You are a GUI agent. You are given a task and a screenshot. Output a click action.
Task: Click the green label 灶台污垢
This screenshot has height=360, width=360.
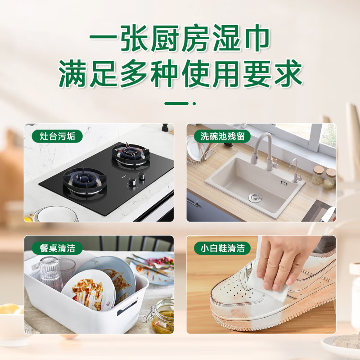[x=57, y=136]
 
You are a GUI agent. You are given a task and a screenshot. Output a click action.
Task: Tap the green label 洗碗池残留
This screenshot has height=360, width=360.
[x=222, y=136]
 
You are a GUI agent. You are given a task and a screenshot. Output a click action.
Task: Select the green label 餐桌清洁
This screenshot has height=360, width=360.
[x=57, y=248]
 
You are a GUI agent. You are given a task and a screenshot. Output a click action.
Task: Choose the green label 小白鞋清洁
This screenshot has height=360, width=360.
[x=222, y=248]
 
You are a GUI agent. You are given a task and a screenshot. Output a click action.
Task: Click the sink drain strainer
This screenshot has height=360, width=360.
[x=255, y=197]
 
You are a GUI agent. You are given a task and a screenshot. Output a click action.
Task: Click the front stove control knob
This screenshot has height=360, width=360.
[x=133, y=183]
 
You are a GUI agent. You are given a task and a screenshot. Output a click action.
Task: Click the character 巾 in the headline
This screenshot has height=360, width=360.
[x=257, y=38]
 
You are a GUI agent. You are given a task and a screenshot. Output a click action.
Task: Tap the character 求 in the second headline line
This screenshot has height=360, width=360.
[x=288, y=73]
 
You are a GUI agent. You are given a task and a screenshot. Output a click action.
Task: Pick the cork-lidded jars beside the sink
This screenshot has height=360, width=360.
[x=324, y=177]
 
